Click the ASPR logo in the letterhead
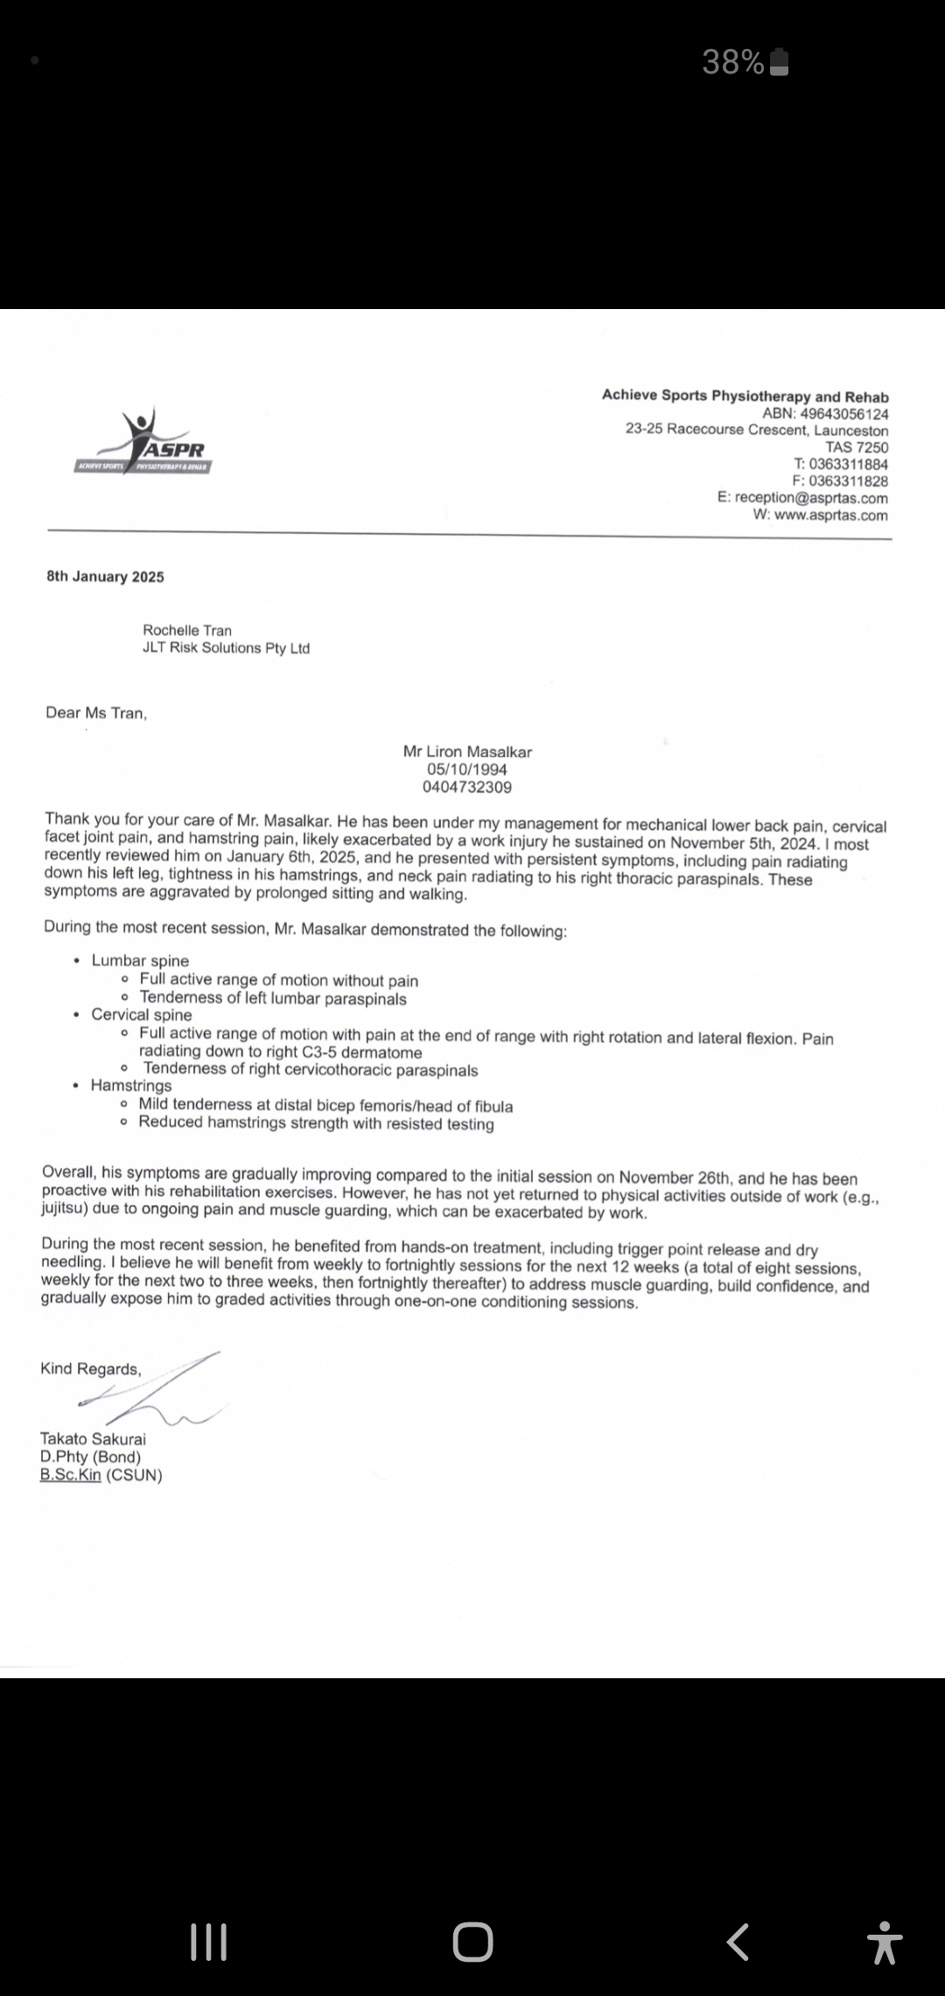[x=145, y=443]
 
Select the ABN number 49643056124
[x=844, y=413]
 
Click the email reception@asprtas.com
[x=811, y=497]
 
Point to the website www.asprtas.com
[x=830, y=515]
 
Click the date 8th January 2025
[x=105, y=576]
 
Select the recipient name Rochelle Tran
[x=187, y=630]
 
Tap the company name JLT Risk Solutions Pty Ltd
[x=226, y=648]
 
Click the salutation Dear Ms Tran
[x=96, y=713]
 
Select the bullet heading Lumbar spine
[x=140, y=960]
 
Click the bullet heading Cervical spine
[x=142, y=1015]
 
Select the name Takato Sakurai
[x=93, y=1438]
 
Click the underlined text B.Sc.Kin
[x=71, y=1474]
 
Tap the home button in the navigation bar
[x=472, y=1942]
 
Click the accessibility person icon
[x=885, y=1942]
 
